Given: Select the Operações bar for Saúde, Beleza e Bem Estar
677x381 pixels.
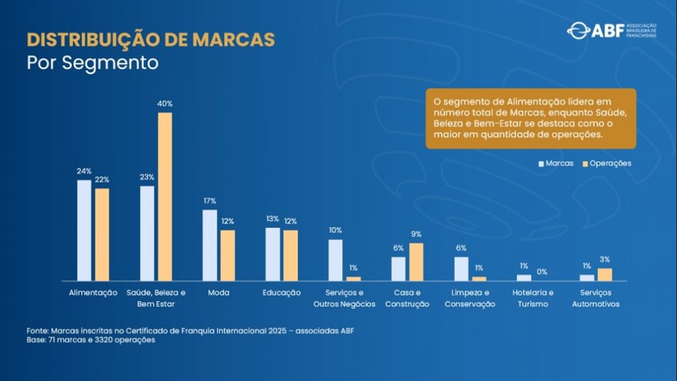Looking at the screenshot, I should coord(165,196).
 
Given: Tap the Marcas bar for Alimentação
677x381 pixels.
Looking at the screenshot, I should coord(84,230).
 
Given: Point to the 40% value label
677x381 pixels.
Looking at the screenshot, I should coord(165,104).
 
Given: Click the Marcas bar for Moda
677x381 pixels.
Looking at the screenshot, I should coord(210,245).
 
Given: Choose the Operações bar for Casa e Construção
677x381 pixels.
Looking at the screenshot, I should coord(416,262).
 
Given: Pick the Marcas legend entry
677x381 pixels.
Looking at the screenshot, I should coord(555,163).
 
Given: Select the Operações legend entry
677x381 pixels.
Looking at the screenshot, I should coord(606,163).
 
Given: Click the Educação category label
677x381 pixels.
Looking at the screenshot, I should coord(281,292).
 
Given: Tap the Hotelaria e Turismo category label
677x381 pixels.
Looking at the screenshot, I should coord(533,298).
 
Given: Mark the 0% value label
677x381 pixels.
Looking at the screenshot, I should coord(541,272).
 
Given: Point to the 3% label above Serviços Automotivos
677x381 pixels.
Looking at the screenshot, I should coord(605,260).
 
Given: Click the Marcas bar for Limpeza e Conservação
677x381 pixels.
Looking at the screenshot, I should coord(461,269).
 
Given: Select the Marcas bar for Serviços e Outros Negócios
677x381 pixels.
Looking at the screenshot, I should coord(335,260).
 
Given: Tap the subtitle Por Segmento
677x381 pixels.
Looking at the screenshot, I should coord(93,63).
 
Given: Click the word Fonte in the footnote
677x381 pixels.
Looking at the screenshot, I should coord(37,330).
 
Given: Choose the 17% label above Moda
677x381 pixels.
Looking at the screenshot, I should coord(210,201).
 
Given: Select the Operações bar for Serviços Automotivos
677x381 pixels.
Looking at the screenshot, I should coord(605,275).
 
